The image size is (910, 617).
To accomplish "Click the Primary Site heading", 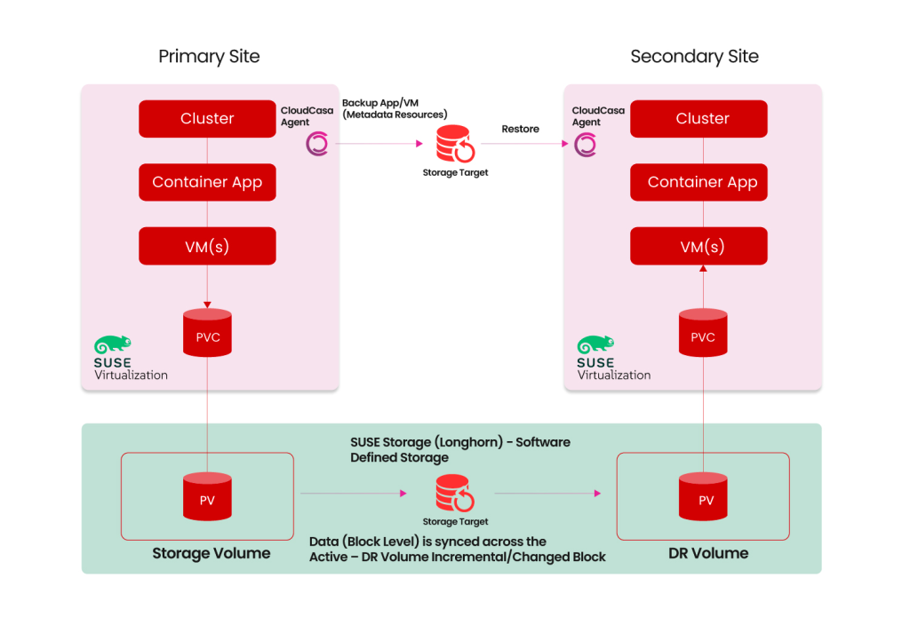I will point(209,57).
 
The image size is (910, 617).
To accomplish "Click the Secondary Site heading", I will point(694,57).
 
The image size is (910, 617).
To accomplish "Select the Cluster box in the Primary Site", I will point(207,119).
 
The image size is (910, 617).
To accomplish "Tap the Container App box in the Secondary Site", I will point(702,182).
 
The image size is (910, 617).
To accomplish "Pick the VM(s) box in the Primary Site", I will point(207,246).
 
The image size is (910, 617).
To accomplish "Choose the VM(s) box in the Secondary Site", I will point(702,246).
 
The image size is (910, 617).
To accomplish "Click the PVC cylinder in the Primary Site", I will point(207,336).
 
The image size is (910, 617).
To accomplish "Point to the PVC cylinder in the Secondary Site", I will point(702,336).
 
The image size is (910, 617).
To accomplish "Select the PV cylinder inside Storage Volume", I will point(207,498).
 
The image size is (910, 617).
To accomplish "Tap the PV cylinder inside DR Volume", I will point(705,498).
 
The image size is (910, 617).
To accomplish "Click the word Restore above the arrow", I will point(520,129).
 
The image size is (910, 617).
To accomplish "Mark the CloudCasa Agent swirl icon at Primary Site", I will point(316,144).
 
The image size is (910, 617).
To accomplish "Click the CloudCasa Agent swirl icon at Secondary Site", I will point(585,144).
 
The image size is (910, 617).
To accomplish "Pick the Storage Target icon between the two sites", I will point(454,143).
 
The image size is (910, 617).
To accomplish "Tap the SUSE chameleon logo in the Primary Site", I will point(113,345).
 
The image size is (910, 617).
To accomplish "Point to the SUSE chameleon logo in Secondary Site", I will point(595,345).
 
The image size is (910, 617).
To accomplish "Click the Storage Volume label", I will point(211,554).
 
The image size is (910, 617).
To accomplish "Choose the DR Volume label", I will point(708,553).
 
